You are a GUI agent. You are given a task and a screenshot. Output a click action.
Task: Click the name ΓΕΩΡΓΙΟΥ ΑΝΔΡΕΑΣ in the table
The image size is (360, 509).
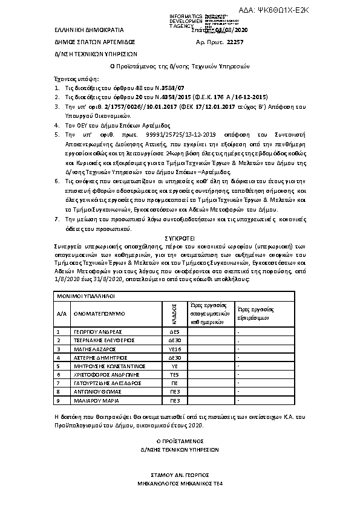coord(98,332)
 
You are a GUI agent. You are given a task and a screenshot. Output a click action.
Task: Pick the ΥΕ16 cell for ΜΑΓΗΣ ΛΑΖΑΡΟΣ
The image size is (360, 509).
coord(175,349)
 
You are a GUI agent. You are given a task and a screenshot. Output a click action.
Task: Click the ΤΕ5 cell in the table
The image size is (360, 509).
coord(175,374)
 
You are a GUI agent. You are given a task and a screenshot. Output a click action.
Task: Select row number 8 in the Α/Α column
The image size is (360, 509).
coord(58,391)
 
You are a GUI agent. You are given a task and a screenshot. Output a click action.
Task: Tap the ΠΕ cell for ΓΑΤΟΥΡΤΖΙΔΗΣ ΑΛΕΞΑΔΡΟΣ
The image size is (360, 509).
coord(175,383)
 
